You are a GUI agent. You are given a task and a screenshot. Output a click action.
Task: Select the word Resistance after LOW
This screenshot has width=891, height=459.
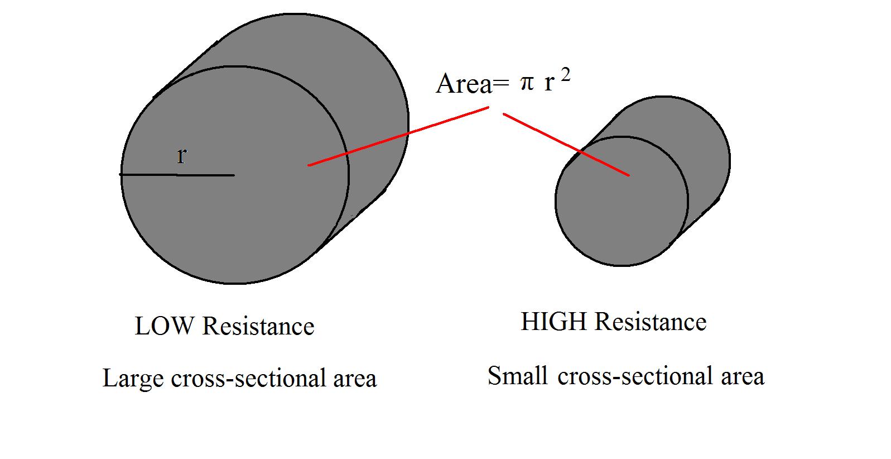tap(258, 326)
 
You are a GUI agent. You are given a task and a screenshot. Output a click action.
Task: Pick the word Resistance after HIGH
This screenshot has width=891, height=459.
tap(651, 322)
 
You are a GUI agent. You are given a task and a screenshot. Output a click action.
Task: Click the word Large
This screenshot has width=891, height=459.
tap(133, 379)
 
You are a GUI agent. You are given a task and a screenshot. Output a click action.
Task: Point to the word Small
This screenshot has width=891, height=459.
tap(517, 376)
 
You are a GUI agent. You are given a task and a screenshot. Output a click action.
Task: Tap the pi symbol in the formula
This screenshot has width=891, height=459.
tap(527, 84)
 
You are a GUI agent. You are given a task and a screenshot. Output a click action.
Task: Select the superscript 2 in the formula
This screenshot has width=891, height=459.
tap(566, 76)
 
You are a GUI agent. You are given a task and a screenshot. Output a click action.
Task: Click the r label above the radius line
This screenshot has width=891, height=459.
tap(181, 156)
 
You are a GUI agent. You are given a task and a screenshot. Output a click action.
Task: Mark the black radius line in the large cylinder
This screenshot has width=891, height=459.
tap(177, 175)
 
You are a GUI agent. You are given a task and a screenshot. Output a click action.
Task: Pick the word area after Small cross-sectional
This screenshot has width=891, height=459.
tap(743, 376)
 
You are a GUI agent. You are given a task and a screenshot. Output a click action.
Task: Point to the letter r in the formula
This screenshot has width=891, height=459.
tap(549, 84)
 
